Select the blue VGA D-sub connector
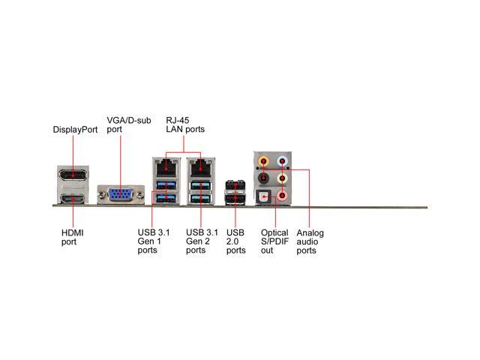pos(119,195)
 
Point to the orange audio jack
pos(262,160)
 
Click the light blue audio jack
pos(282,160)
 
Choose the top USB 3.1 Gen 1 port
pos(165,185)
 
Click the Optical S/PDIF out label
pos(274,241)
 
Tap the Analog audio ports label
pos(310,241)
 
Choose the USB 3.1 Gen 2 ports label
pos(201,241)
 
